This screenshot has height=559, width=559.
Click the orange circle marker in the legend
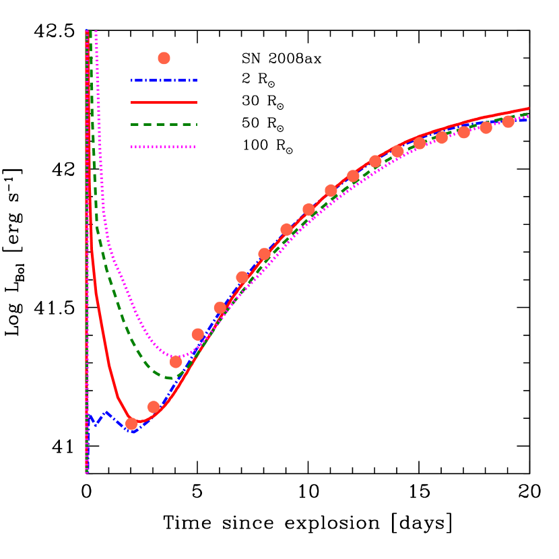[x=164, y=59]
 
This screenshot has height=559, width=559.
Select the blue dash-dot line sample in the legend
[x=164, y=81]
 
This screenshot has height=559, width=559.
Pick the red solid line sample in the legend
[x=164, y=102]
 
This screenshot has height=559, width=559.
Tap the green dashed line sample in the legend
[x=164, y=125]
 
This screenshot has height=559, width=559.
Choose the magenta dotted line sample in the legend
[x=164, y=147]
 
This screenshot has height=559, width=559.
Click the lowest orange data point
[x=131, y=424]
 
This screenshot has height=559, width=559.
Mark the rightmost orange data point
[x=508, y=121]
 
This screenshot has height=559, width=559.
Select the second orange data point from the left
[x=154, y=407]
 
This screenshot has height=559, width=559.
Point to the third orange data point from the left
[x=176, y=362]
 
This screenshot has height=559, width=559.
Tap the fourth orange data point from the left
[x=197, y=334]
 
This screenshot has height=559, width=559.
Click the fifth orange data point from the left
[x=220, y=308]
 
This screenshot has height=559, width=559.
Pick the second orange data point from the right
[x=486, y=127]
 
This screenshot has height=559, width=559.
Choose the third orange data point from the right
[x=464, y=132]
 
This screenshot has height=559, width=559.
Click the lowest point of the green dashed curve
[x=169, y=379]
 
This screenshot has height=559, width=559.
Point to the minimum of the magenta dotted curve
[x=176, y=358]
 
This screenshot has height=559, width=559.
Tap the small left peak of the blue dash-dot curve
[x=106, y=412]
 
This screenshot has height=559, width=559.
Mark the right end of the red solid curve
[x=529, y=108]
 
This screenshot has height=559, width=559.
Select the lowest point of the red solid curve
[x=139, y=423]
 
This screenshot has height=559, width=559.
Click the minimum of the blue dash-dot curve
[x=133, y=432]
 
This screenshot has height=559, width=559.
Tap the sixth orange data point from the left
[x=242, y=277]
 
